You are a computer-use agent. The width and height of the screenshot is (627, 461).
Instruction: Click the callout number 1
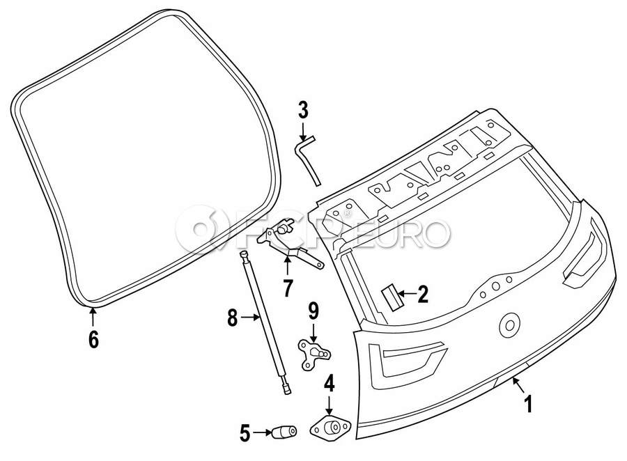tap(527, 403)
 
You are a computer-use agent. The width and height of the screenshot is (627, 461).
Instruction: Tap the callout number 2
tap(422, 295)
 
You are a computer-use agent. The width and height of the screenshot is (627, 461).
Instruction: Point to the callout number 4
tap(329, 382)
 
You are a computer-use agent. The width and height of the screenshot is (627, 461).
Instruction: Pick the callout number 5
tap(245, 434)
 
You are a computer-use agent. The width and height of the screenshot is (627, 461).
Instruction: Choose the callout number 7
tap(288, 286)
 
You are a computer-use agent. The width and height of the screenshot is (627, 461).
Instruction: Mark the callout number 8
tap(233, 319)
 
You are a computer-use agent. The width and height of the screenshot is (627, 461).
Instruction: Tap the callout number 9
tap(313, 310)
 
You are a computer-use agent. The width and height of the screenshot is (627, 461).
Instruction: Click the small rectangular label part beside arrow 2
tap(390, 295)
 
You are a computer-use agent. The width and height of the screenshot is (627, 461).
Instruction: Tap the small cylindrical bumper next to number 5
tap(284, 433)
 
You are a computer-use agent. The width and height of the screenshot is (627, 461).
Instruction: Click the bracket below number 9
tap(312, 352)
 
